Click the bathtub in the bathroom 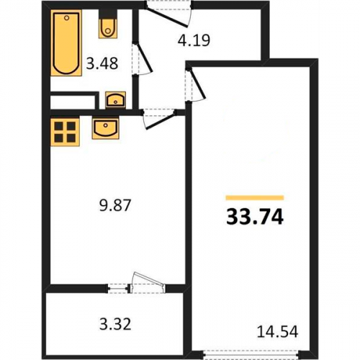click(66, 43)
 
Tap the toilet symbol click(108, 24)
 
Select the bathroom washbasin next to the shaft click(115, 100)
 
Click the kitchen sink click(106, 128)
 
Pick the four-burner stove click(65, 132)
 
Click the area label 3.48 click(102, 63)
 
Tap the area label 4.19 click(194, 40)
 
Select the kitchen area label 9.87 click(115, 206)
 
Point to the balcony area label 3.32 click(115, 324)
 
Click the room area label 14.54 click(277, 332)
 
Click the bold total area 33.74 click(255, 217)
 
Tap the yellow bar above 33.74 click(255, 198)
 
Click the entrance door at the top click(169, 14)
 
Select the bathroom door click(142, 59)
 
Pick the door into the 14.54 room click(195, 85)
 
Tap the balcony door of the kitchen click(148, 282)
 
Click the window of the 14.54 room click(251, 354)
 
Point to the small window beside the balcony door click(117, 288)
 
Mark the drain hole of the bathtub click(67, 18)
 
